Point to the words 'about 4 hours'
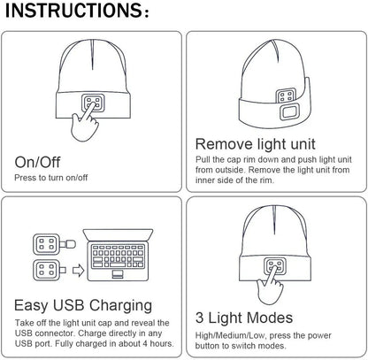point(140,342)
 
